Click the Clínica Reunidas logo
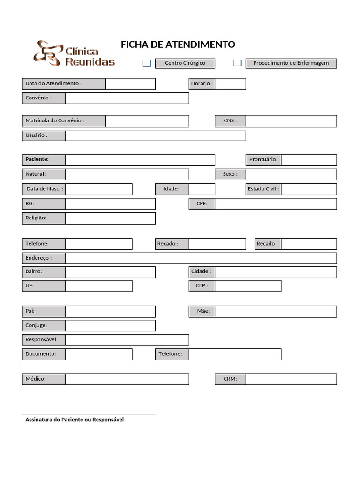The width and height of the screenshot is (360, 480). (x=74, y=53)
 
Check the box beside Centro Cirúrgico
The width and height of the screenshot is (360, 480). (x=147, y=63)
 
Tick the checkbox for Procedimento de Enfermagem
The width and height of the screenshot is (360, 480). (x=238, y=63)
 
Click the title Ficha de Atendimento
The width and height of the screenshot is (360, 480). (x=178, y=45)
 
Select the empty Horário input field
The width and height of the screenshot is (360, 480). (x=230, y=84)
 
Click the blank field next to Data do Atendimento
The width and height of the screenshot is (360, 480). (x=130, y=84)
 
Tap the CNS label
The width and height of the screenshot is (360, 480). (x=230, y=121)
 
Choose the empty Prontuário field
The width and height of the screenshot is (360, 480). (x=308, y=160)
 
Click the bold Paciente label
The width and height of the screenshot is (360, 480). (x=44, y=160)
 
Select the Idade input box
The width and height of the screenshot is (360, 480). (x=202, y=189)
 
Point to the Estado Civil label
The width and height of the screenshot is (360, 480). (x=263, y=189)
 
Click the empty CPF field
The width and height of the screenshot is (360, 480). (x=275, y=204)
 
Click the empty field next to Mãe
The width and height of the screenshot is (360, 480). (x=275, y=311)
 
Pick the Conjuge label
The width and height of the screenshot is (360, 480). (x=44, y=325)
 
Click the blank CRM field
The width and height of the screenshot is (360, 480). (x=291, y=379)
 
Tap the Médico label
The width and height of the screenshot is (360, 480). (x=44, y=379)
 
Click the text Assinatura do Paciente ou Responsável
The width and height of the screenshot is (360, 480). (x=75, y=420)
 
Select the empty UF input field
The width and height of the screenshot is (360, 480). (x=98, y=286)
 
